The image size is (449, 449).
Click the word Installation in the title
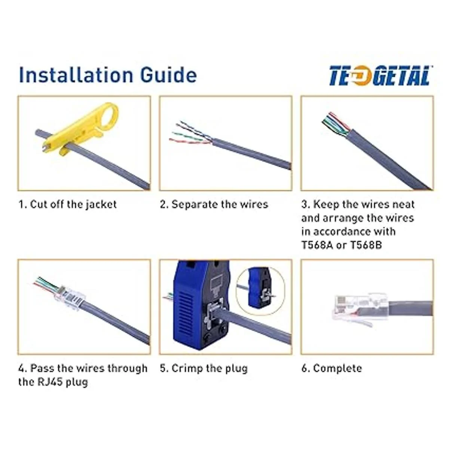coord(76,75)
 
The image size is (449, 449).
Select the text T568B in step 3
coord(366,245)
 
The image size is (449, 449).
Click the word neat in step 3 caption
coord(404,204)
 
